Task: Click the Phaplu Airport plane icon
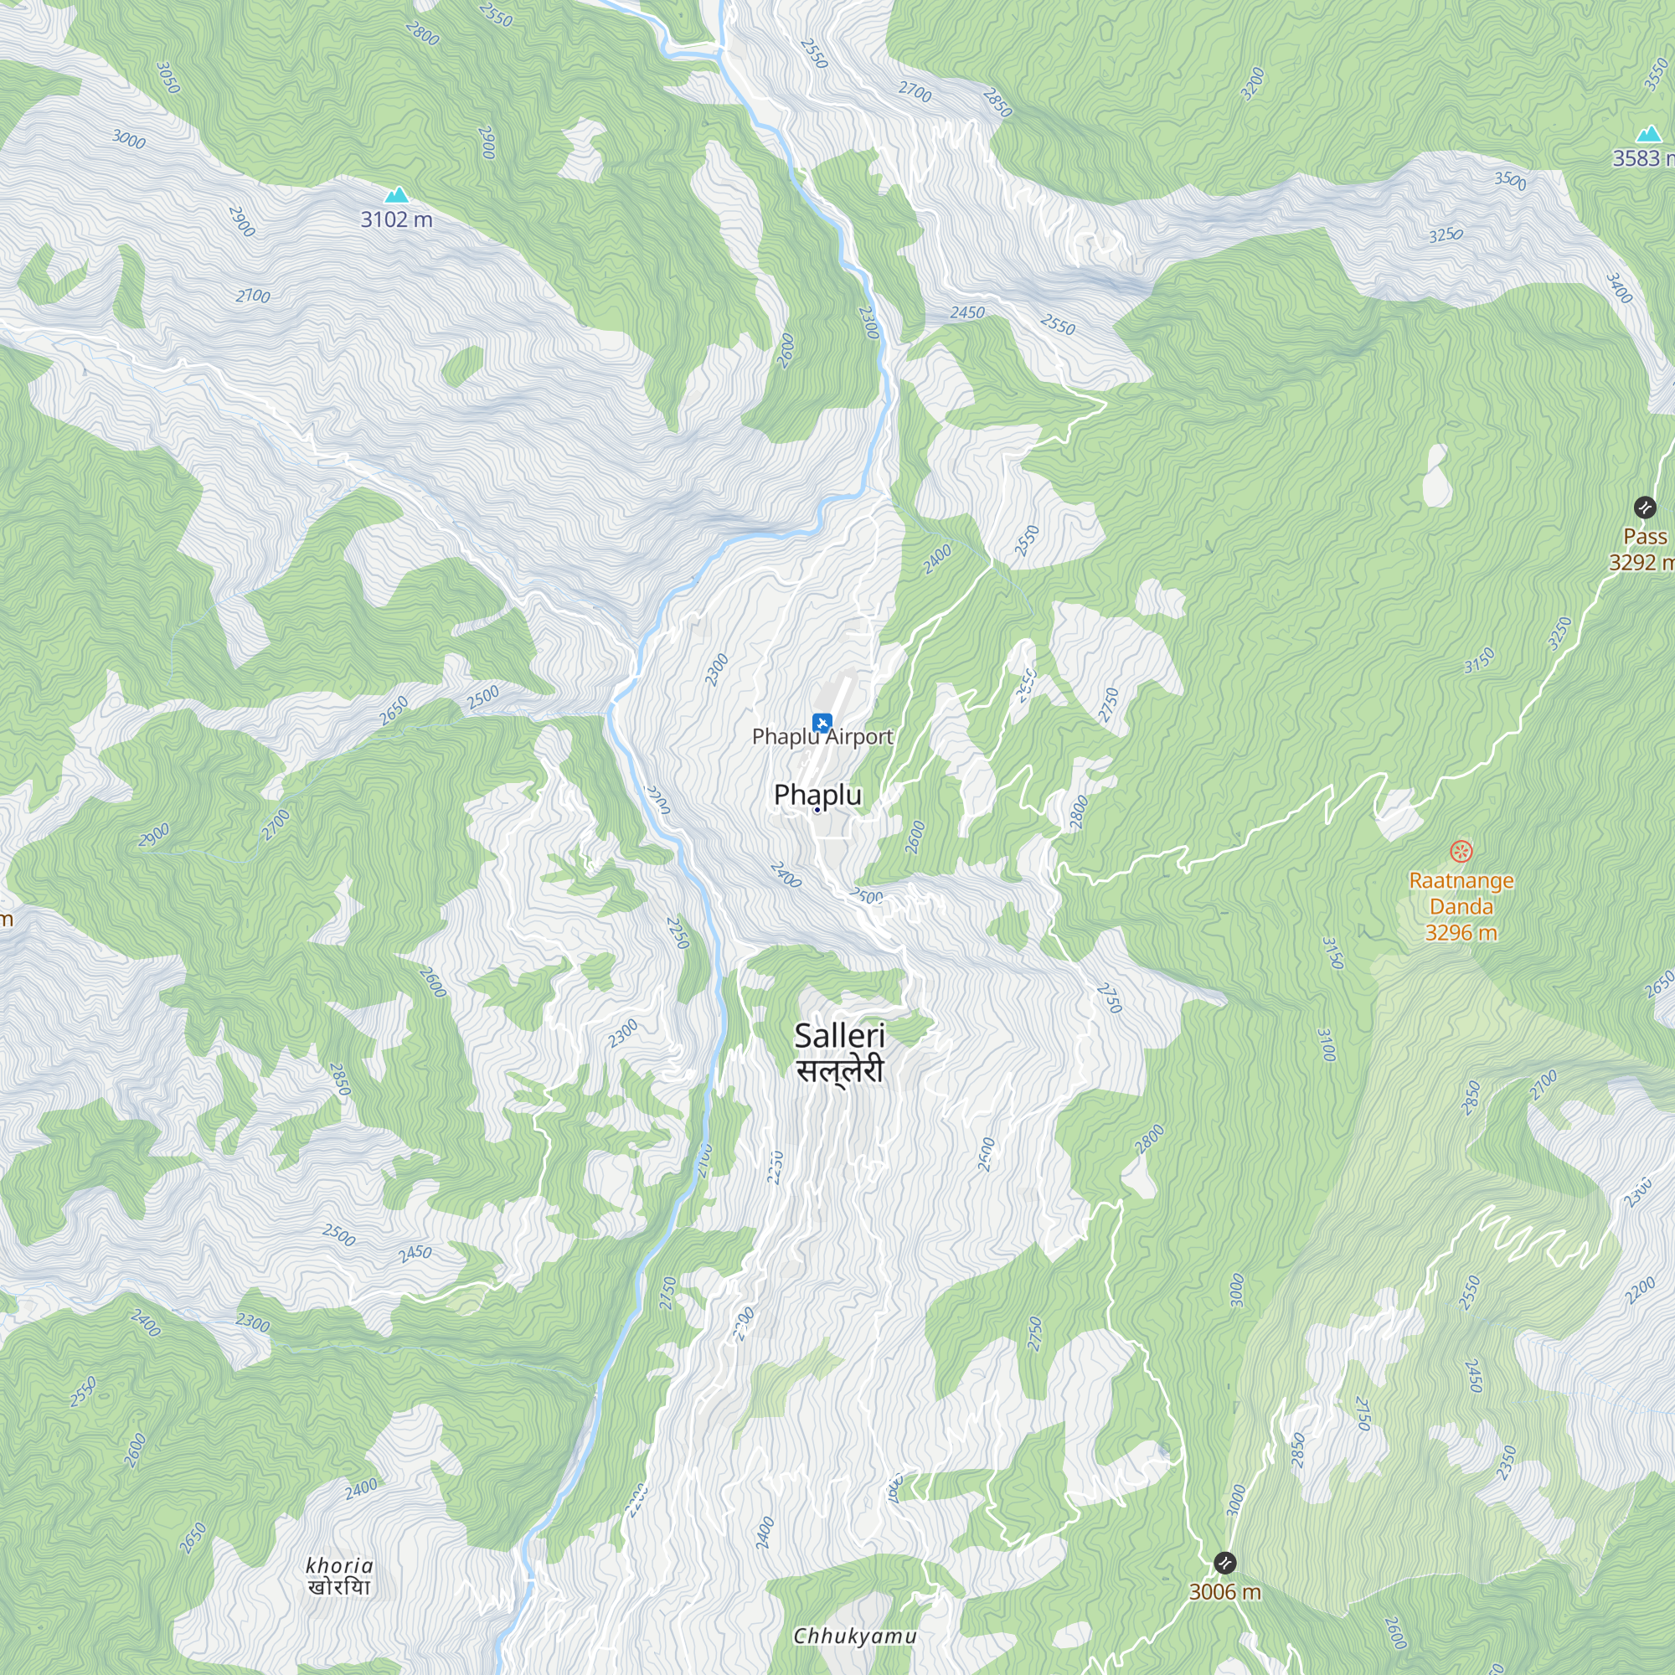click(822, 721)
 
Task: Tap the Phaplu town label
click(817, 794)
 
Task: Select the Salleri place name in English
click(839, 1035)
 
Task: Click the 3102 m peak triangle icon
click(396, 195)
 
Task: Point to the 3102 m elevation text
click(396, 219)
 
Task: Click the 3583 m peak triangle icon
click(1648, 134)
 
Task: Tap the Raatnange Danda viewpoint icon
click(1461, 852)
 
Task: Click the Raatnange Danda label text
click(1461, 906)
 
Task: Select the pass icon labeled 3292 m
click(1645, 508)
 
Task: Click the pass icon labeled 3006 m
click(1224, 1563)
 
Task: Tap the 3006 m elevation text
click(1224, 1592)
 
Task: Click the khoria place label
click(339, 1566)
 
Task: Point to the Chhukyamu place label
click(855, 1636)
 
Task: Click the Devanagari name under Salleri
click(839, 1069)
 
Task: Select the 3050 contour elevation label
click(168, 78)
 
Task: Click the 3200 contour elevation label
click(1253, 84)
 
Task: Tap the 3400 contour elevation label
click(1619, 288)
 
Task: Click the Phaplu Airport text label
click(822, 737)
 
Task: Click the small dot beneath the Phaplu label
click(817, 810)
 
